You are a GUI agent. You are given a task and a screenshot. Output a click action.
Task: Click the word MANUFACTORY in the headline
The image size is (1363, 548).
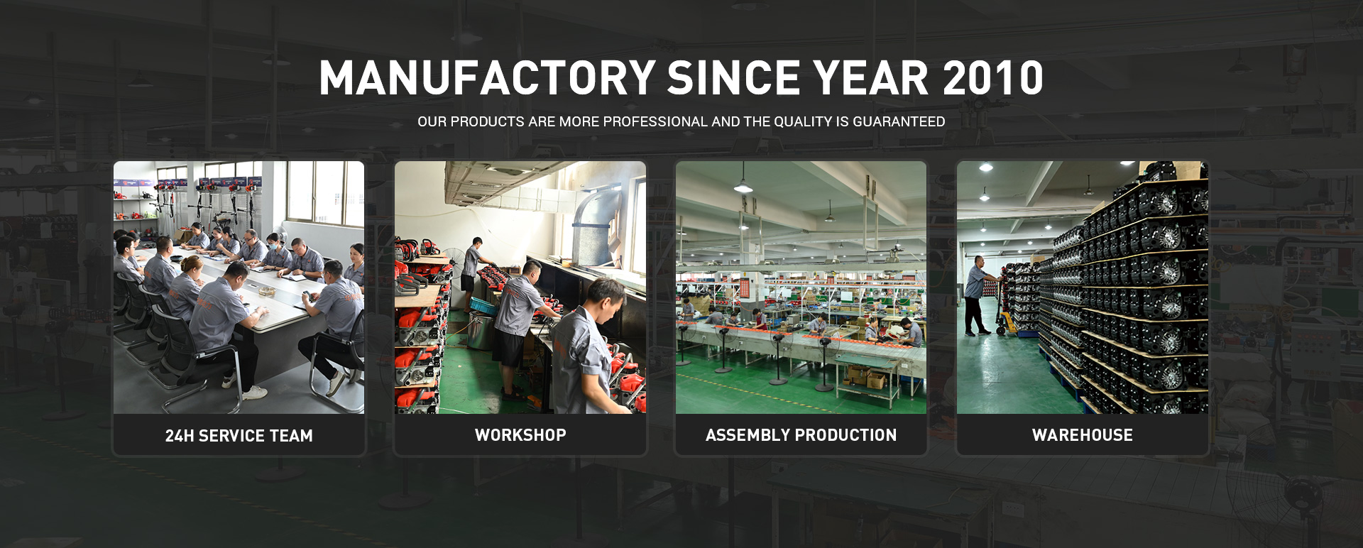pos(487,77)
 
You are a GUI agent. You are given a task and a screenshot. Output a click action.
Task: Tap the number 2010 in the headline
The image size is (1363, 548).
pos(993,77)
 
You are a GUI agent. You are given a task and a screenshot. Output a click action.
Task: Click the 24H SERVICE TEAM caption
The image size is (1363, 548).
pos(239,436)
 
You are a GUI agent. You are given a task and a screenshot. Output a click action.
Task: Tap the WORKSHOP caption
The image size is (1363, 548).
pos(520,435)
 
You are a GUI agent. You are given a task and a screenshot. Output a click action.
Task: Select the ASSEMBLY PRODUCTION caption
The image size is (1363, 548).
pos(801,435)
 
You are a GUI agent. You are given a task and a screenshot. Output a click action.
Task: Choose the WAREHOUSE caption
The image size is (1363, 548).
pos(1083,435)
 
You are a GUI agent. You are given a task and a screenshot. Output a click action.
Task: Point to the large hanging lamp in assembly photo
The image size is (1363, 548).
pos(743,186)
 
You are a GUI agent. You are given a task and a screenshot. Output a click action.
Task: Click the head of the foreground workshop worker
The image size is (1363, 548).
pos(606,297)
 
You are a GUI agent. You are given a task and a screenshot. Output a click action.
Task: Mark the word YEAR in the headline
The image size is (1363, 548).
pos(871,77)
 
